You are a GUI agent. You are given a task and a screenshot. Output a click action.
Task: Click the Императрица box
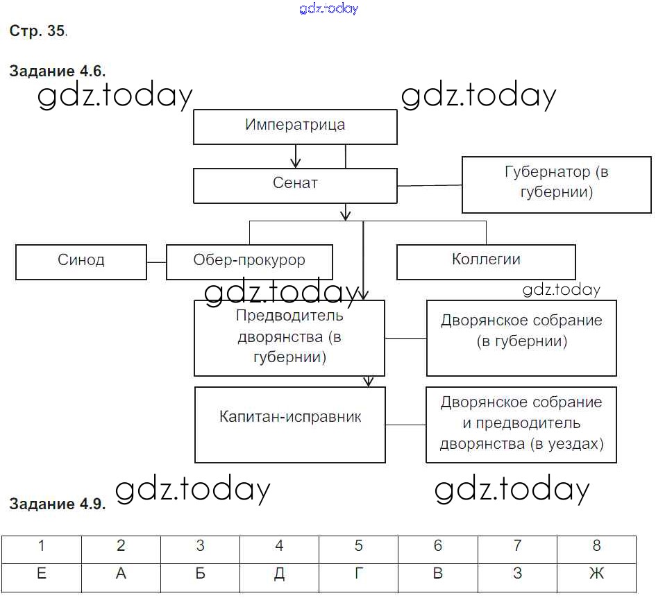pyautogui.click(x=295, y=126)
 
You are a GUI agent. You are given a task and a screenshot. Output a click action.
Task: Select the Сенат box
pyautogui.click(x=295, y=185)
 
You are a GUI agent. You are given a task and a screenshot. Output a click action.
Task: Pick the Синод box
pyautogui.click(x=81, y=261)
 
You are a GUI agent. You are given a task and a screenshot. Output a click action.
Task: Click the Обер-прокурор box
pyautogui.click(x=249, y=262)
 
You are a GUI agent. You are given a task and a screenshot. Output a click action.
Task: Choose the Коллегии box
pyautogui.click(x=486, y=261)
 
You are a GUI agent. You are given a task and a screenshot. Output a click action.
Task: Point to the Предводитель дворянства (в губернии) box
pyautogui.click(x=289, y=337)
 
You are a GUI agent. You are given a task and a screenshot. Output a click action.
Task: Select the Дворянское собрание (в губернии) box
pyautogui.click(x=521, y=337)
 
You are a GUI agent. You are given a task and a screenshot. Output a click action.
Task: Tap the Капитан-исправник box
pyautogui.click(x=290, y=424)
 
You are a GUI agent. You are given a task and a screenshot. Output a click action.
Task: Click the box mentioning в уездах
pyautogui.click(x=521, y=424)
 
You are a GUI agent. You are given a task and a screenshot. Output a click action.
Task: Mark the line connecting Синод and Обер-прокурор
pyautogui.click(x=157, y=262)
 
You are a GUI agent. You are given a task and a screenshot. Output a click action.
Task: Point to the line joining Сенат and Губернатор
pyautogui.click(x=430, y=185)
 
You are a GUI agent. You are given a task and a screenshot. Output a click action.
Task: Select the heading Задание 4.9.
pyautogui.click(x=57, y=504)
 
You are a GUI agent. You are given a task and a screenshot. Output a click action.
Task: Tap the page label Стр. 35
pyautogui.click(x=37, y=31)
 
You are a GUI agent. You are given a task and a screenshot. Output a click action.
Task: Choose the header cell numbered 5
pyautogui.click(x=358, y=547)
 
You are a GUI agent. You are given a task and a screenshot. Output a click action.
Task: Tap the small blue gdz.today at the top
pyautogui.click(x=329, y=8)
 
